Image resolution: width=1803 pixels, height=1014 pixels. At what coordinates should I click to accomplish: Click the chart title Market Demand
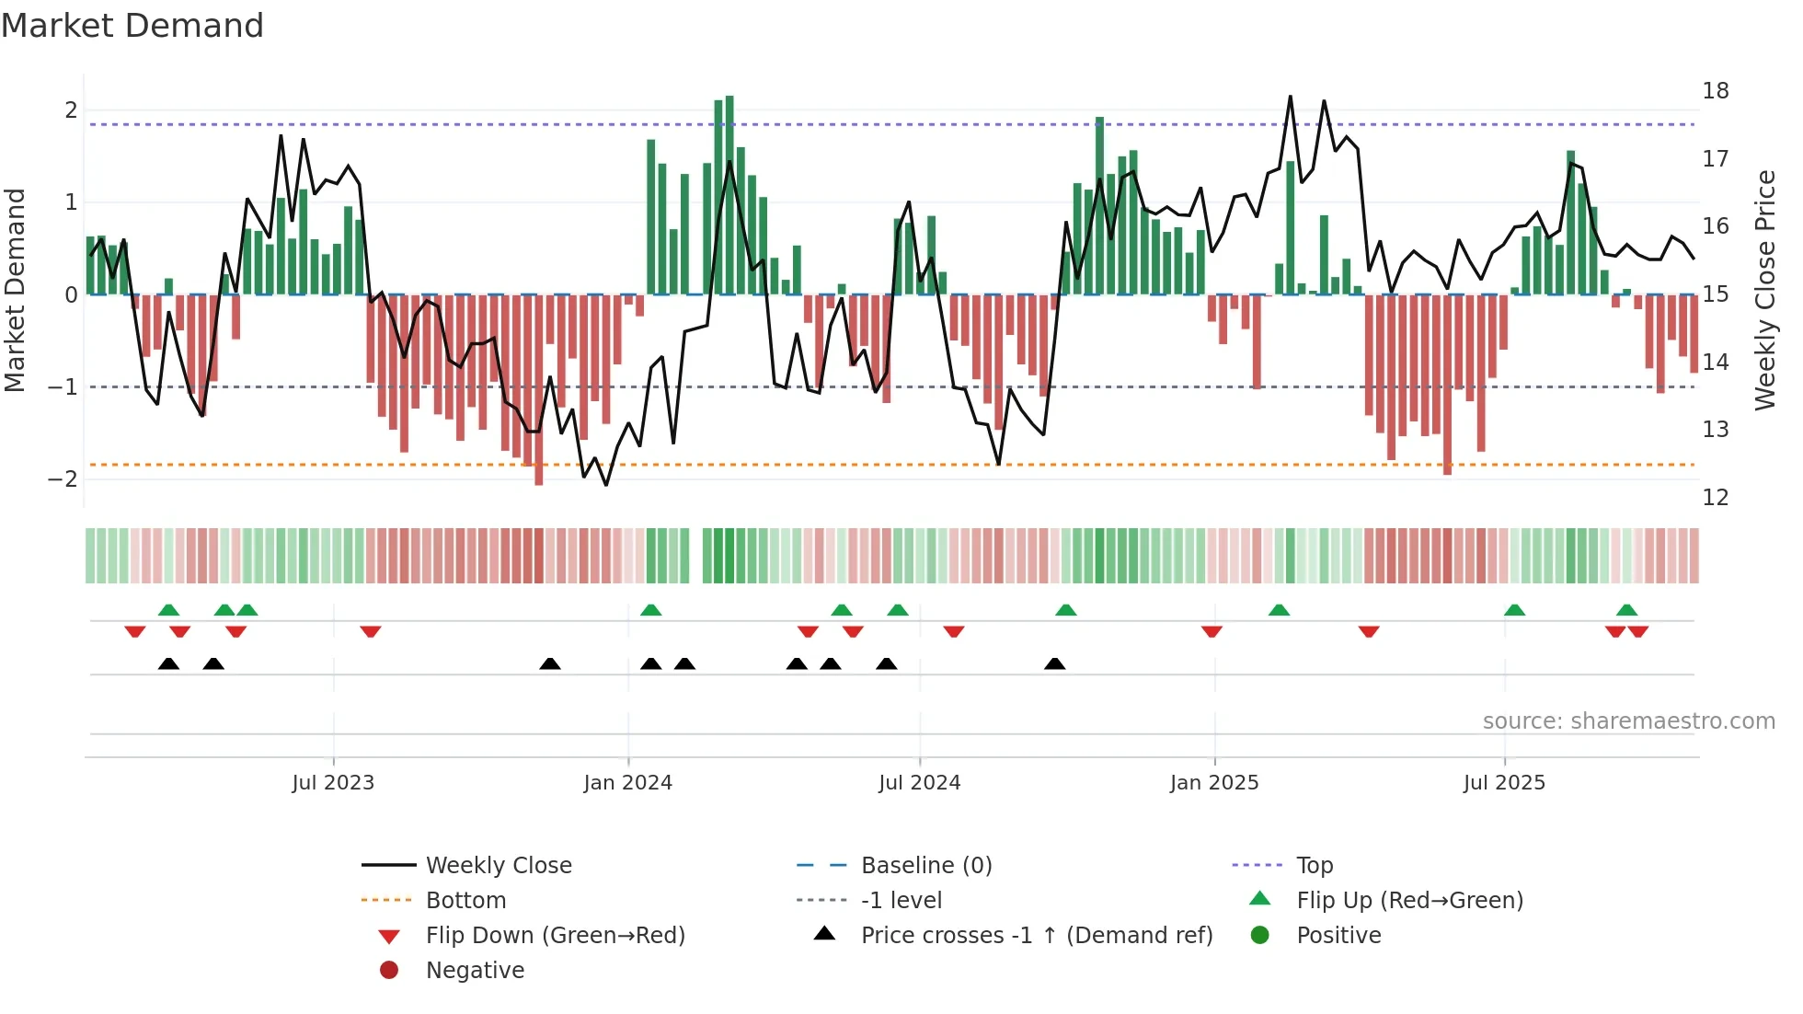click(x=132, y=26)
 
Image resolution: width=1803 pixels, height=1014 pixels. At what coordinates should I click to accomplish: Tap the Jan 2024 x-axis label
click(x=628, y=783)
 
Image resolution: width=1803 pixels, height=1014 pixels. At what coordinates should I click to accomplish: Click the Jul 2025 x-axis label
click(x=1504, y=783)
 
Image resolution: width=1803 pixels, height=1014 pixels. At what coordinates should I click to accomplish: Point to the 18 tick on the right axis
click(x=1715, y=91)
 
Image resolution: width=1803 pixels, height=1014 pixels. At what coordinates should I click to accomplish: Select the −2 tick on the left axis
click(x=63, y=479)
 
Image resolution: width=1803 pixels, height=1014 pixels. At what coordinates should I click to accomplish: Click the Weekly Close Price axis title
click(x=1764, y=290)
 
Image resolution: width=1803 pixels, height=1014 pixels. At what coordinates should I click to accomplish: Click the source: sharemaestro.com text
click(x=1628, y=721)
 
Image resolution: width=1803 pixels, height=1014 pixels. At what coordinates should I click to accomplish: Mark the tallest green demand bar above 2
click(x=729, y=193)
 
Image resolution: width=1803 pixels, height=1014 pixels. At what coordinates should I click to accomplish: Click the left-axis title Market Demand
click(x=16, y=290)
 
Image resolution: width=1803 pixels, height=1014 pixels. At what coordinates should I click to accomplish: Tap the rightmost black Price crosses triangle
click(x=1055, y=664)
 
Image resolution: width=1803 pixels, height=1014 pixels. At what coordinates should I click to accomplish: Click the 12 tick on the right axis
click(x=1715, y=498)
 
